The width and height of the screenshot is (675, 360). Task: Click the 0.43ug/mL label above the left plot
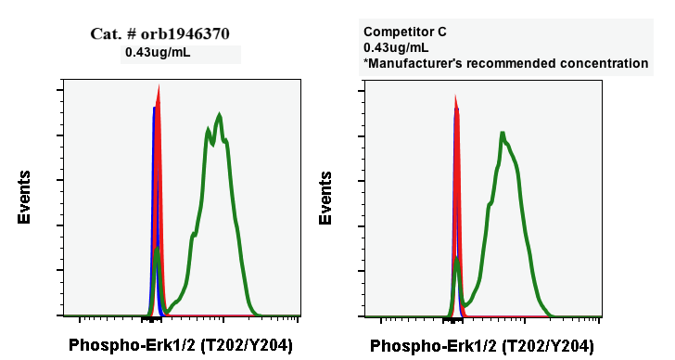pyautogui.click(x=158, y=53)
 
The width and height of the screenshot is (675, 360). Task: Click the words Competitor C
pyautogui.click(x=405, y=32)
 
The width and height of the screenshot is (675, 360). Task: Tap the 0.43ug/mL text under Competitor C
pyautogui.click(x=396, y=47)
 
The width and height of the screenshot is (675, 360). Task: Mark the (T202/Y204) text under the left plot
pyautogui.click(x=238, y=345)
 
